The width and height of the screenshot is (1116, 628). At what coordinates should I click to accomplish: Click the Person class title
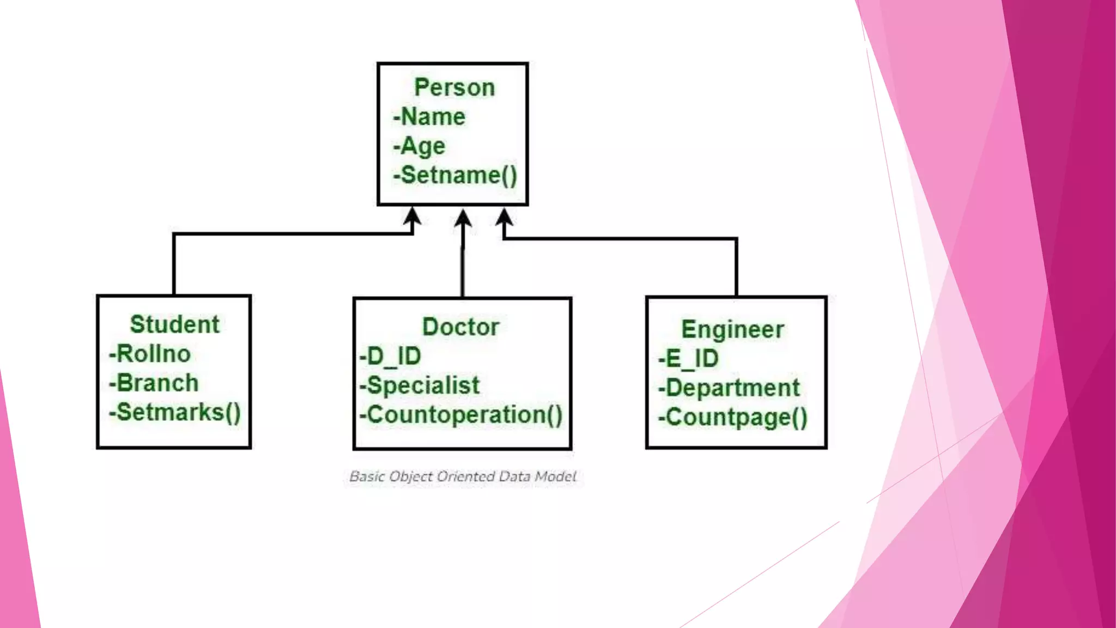(x=454, y=88)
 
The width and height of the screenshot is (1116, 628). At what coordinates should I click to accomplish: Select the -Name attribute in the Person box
(x=429, y=117)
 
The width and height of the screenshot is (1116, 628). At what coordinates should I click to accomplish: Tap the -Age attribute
(x=419, y=146)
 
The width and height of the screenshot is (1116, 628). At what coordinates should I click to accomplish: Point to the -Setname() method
(x=455, y=176)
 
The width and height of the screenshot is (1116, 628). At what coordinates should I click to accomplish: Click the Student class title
(x=174, y=324)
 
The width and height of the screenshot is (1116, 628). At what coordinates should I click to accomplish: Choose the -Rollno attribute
(x=150, y=354)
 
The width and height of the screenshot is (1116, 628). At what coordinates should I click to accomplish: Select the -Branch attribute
(x=154, y=383)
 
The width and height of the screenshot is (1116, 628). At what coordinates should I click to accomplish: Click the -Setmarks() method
(x=175, y=413)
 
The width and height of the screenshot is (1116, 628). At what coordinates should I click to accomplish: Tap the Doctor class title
(x=461, y=327)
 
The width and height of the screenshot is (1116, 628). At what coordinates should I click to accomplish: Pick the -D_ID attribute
(x=390, y=357)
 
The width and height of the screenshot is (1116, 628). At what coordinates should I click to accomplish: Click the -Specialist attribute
(x=420, y=386)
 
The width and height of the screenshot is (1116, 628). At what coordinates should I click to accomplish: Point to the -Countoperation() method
(x=461, y=415)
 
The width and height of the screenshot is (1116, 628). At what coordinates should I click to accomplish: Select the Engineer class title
(x=732, y=329)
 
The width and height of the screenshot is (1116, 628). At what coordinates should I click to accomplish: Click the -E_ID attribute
(x=688, y=359)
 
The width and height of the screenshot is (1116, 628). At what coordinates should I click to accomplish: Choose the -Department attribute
(x=729, y=388)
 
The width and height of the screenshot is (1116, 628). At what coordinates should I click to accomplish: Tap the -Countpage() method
(x=733, y=418)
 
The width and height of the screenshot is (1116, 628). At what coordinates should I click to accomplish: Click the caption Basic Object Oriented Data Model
(x=463, y=476)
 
